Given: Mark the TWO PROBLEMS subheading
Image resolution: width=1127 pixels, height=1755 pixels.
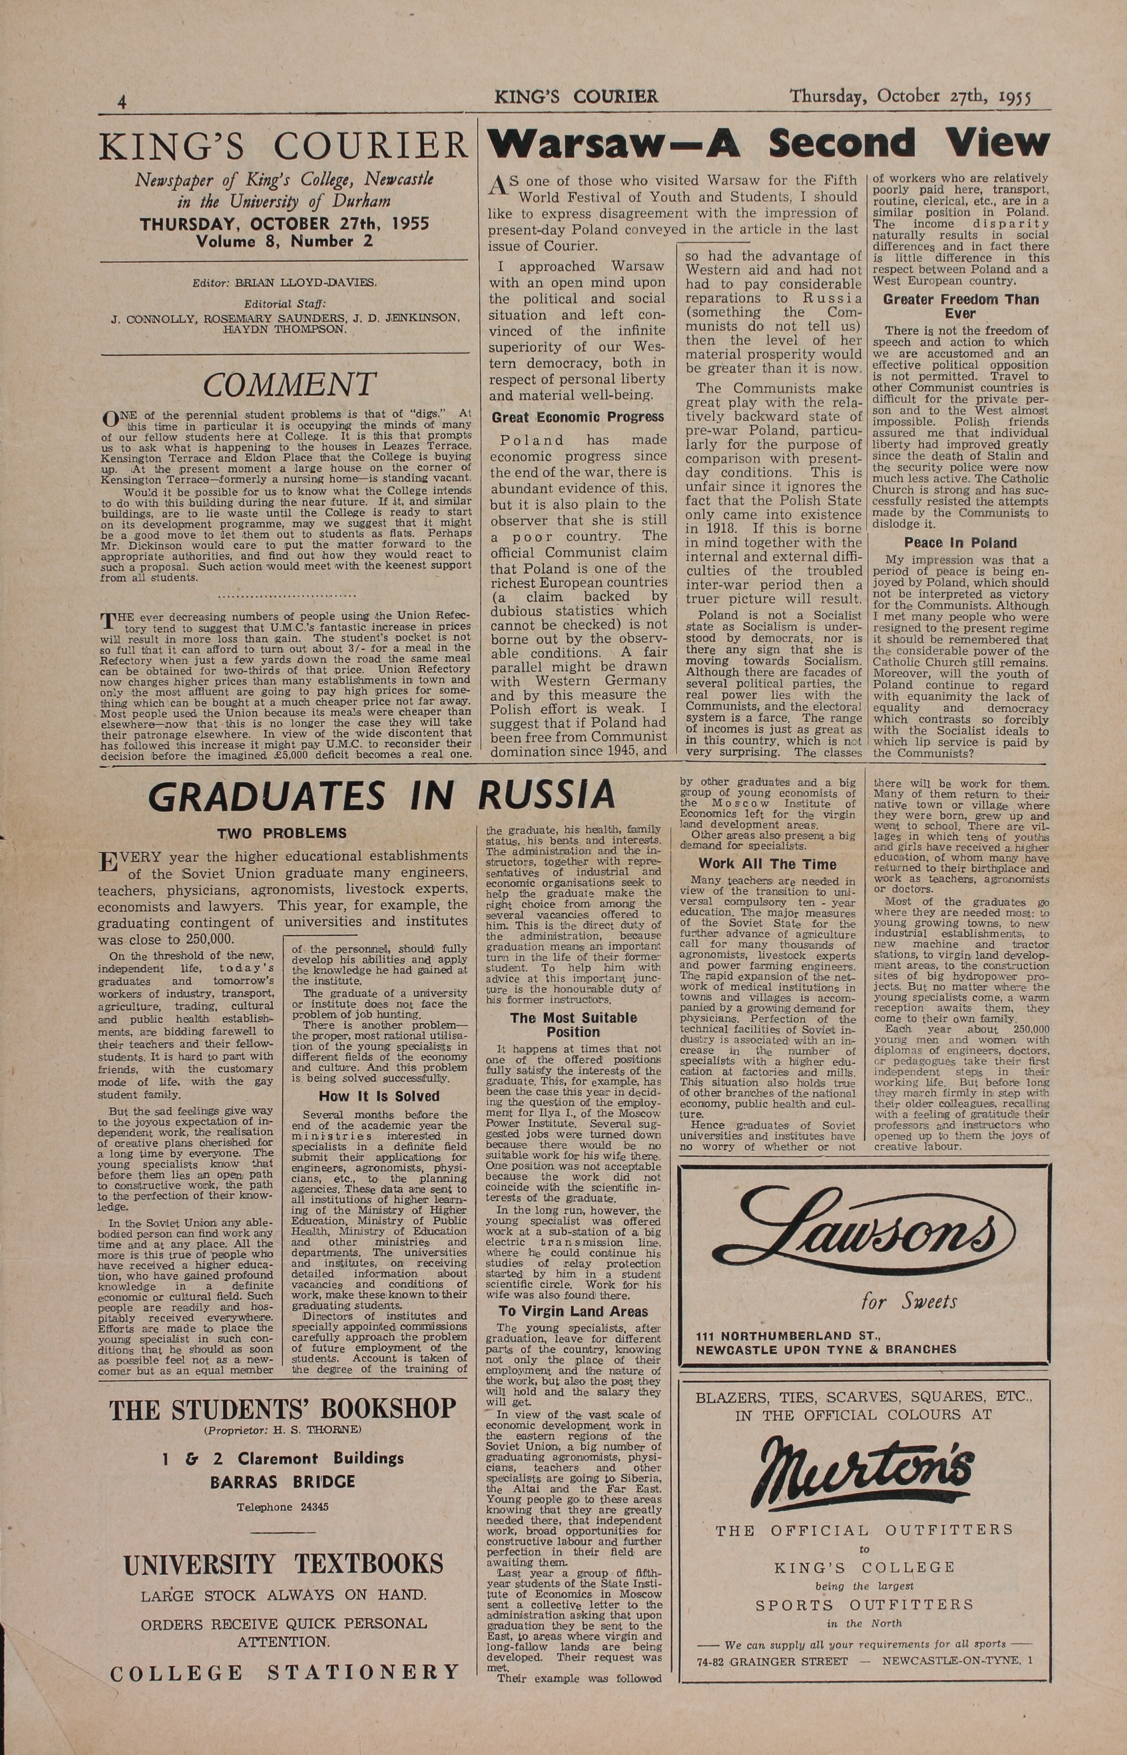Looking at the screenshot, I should point(282,833).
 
